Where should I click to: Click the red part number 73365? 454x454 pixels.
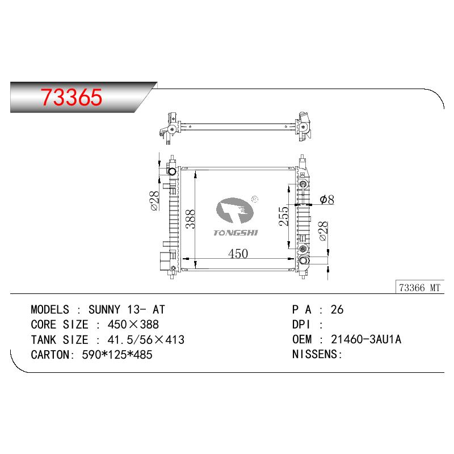tap(72, 96)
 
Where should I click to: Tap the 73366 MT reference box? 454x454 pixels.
tap(420, 288)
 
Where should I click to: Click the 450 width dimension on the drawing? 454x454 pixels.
tap(238, 254)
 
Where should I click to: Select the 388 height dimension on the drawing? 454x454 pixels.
tap(191, 219)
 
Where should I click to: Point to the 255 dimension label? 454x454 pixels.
tap(284, 216)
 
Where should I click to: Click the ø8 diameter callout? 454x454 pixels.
tap(327, 200)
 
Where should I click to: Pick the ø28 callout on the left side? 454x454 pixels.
tap(154, 200)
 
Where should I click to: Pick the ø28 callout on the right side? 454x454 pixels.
tap(323, 231)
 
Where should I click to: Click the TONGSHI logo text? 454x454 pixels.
tap(236, 233)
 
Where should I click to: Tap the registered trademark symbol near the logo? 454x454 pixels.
tap(255, 199)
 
